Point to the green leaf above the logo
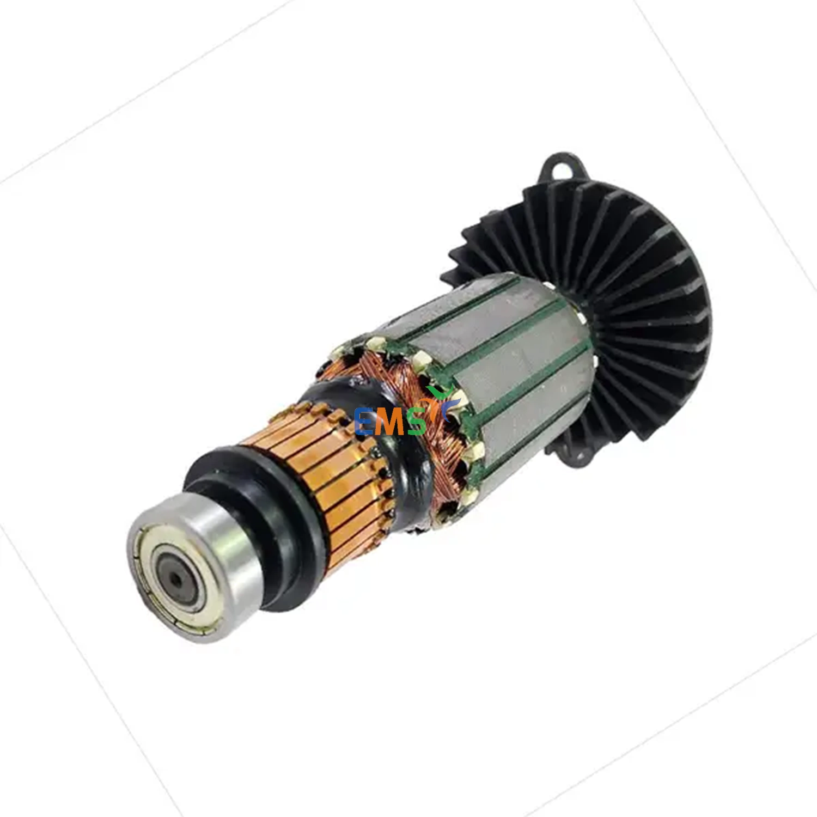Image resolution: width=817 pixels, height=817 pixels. tap(438, 393)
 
